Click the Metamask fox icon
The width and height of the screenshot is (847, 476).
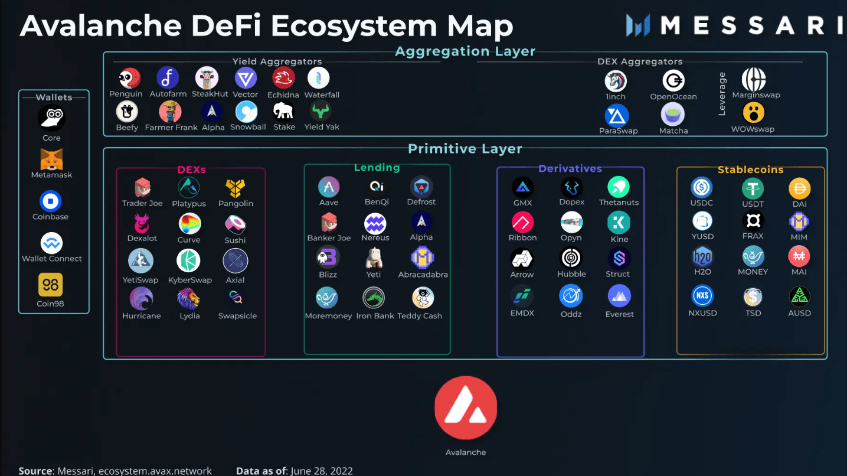click(51, 159)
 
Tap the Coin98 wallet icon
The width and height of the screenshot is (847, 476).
click(51, 285)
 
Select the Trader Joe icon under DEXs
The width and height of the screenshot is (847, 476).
click(142, 188)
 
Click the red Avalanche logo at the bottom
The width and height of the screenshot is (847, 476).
click(466, 408)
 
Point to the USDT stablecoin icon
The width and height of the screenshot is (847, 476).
click(753, 188)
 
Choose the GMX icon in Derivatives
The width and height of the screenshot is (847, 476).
click(522, 188)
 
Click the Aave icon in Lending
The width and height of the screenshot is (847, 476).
click(329, 187)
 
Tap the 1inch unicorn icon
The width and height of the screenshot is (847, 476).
click(616, 81)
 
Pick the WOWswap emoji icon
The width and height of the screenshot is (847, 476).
click(753, 112)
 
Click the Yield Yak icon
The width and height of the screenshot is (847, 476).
click(322, 111)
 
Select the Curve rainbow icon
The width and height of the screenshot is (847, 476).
click(189, 224)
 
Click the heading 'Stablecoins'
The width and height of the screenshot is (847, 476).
click(750, 169)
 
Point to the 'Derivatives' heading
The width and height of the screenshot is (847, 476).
click(570, 169)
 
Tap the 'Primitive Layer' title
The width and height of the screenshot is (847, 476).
click(465, 149)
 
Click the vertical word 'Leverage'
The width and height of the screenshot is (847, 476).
click(722, 94)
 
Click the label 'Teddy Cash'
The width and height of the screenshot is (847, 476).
click(420, 316)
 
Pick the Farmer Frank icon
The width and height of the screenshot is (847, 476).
click(171, 111)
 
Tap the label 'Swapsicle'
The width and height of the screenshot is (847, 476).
click(237, 316)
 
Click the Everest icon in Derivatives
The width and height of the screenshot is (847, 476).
click(619, 296)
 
